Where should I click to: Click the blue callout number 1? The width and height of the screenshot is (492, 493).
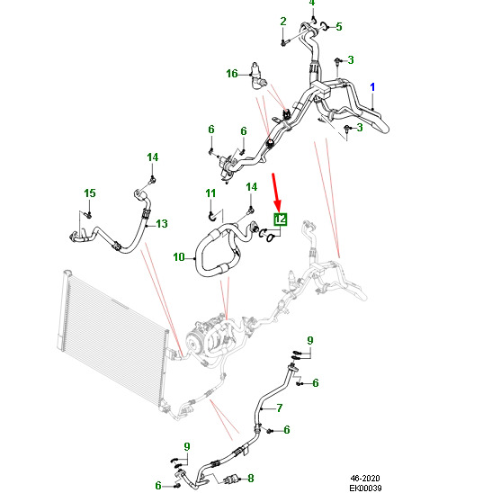tap(372, 87)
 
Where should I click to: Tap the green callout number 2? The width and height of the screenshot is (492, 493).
tap(283, 22)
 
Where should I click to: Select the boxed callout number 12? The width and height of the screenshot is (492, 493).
tap(281, 220)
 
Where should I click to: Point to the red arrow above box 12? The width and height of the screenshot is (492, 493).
tap(276, 192)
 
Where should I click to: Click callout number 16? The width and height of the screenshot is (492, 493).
tap(232, 74)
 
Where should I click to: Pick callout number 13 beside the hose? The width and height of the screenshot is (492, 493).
tap(162, 224)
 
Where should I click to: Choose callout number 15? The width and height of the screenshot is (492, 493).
tap(90, 193)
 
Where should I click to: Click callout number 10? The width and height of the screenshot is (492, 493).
tap(179, 257)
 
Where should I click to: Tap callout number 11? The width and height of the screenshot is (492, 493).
tap(210, 193)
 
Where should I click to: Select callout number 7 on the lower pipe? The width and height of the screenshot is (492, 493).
tap(280, 408)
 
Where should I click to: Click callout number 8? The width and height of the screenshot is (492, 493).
tap(251, 479)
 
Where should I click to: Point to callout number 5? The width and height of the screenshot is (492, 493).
tap(338, 27)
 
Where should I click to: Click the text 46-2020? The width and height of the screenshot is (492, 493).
tap(365, 479)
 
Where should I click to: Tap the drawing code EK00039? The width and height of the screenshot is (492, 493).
tap(365, 488)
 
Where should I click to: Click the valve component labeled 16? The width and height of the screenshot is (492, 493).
tap(257, 76)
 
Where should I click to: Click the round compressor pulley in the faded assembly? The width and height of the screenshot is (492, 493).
tap(192, 342)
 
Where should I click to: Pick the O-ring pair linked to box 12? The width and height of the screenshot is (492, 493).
tap(266, 235)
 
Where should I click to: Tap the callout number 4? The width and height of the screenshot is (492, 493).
tap(311, 3)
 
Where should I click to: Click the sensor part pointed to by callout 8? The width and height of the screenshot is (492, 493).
tap(231, 480)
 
